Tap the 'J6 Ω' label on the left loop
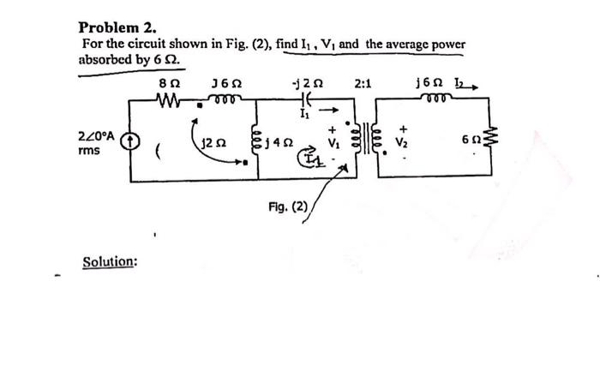point(225,83)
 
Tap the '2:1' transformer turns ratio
point(363,84)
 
